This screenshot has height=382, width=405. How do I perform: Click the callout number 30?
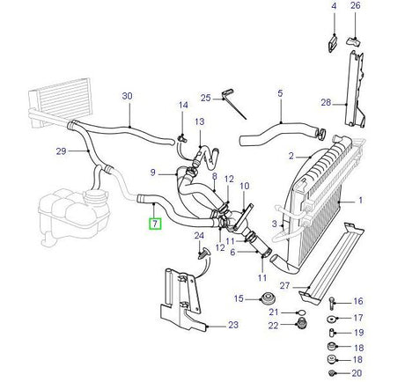[127, 95]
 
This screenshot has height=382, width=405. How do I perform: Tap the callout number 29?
[61, 151]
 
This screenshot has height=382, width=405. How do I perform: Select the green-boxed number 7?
[154, 224]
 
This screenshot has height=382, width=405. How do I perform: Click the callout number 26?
[356, 7]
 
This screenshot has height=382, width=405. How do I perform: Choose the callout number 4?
[334, 7]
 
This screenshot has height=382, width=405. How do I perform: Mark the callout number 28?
[326, 103]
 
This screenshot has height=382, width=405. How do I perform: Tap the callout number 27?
[284, 285]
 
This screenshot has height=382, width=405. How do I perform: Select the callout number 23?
[232, 325]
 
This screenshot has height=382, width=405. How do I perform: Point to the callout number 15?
[238, 299]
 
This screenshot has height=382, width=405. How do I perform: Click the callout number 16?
[358, 301]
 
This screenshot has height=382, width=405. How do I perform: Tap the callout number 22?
[274, 327]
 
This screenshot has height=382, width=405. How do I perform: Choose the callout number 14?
[184, 106]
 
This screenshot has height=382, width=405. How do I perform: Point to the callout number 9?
[152, 172]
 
